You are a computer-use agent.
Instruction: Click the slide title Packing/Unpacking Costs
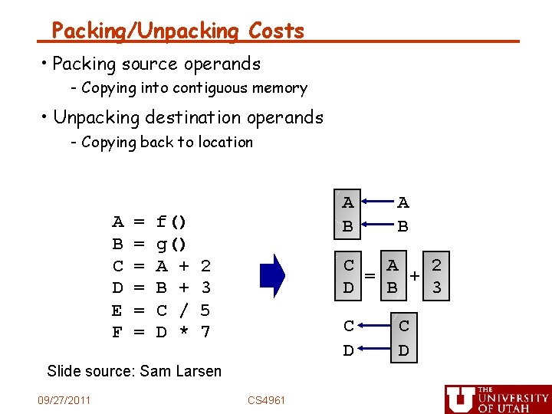point(178,31)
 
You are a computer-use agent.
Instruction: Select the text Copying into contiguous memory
point(194,88)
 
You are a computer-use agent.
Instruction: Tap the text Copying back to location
point(166,142)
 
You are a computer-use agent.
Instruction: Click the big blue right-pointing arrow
point(272,274)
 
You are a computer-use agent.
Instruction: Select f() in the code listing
point(171,222)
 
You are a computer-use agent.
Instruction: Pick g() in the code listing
point(171,245)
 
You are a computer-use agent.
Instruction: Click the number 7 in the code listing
point(205,333)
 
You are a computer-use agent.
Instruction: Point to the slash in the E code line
point(184,310)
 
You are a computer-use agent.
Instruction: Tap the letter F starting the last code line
point(117,333)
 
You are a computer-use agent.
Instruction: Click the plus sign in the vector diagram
point(416,276)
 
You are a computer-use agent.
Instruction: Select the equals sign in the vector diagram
point(370,276)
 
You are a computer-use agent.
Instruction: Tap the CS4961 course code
point(267,400)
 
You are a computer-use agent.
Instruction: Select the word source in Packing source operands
point(156,64)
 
